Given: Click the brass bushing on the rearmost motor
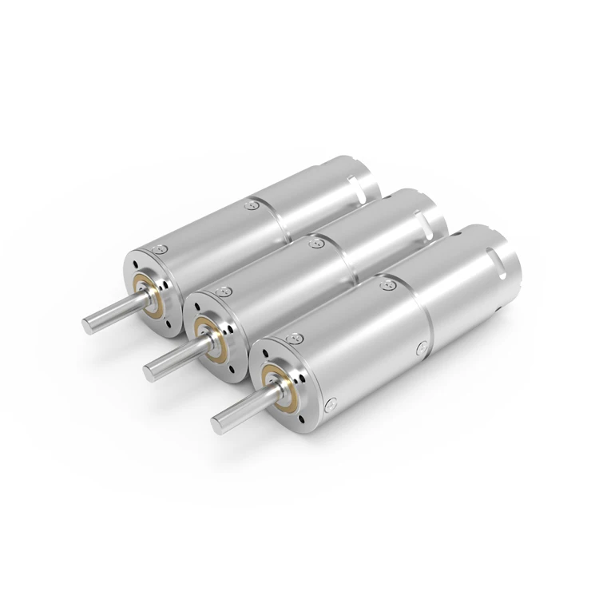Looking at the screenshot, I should coord(147,290).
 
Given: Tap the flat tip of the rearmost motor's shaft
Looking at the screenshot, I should coord(86,323).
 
